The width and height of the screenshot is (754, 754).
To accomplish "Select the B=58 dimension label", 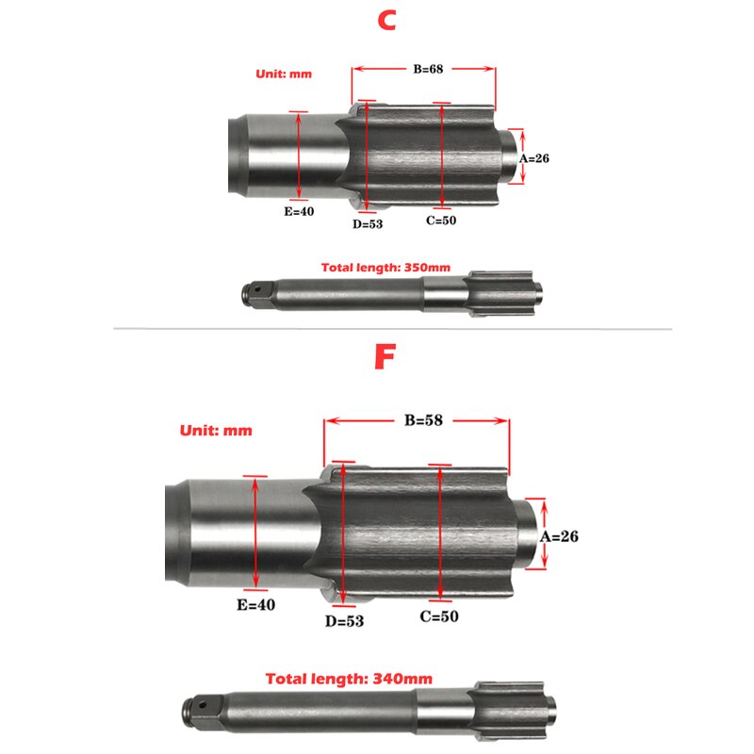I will [x=418, y=421].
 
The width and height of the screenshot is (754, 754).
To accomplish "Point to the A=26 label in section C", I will [x=533, y=158].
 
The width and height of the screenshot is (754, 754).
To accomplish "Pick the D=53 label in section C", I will [x=368, y=223].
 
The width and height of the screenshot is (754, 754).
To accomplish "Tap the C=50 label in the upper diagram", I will [x=441, y=221].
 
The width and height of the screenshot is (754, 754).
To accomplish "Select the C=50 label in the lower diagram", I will [x=440, y=616].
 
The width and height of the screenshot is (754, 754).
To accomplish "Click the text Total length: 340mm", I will [x=349, y=678].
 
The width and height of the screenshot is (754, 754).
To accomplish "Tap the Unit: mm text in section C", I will [x=284, y=74].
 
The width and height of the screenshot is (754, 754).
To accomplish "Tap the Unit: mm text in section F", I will [x=216, y=431].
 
